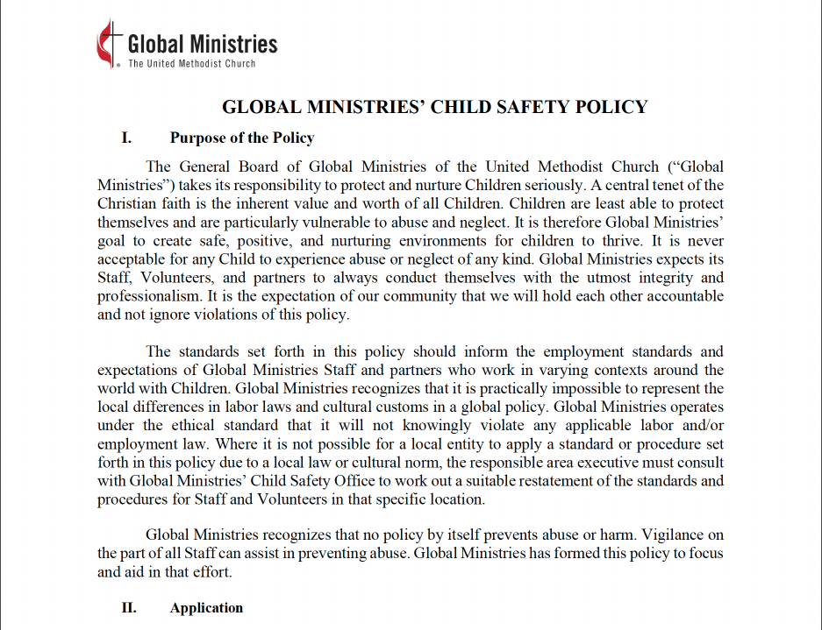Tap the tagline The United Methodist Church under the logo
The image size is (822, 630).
click(x=191, y=64)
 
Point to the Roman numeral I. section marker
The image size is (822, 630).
click(x=126, y=138)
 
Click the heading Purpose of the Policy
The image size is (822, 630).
click(x=242, y=138)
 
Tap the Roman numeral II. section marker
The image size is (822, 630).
click(x=128, y=608)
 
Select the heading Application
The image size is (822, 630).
click(x=206, y=608)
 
